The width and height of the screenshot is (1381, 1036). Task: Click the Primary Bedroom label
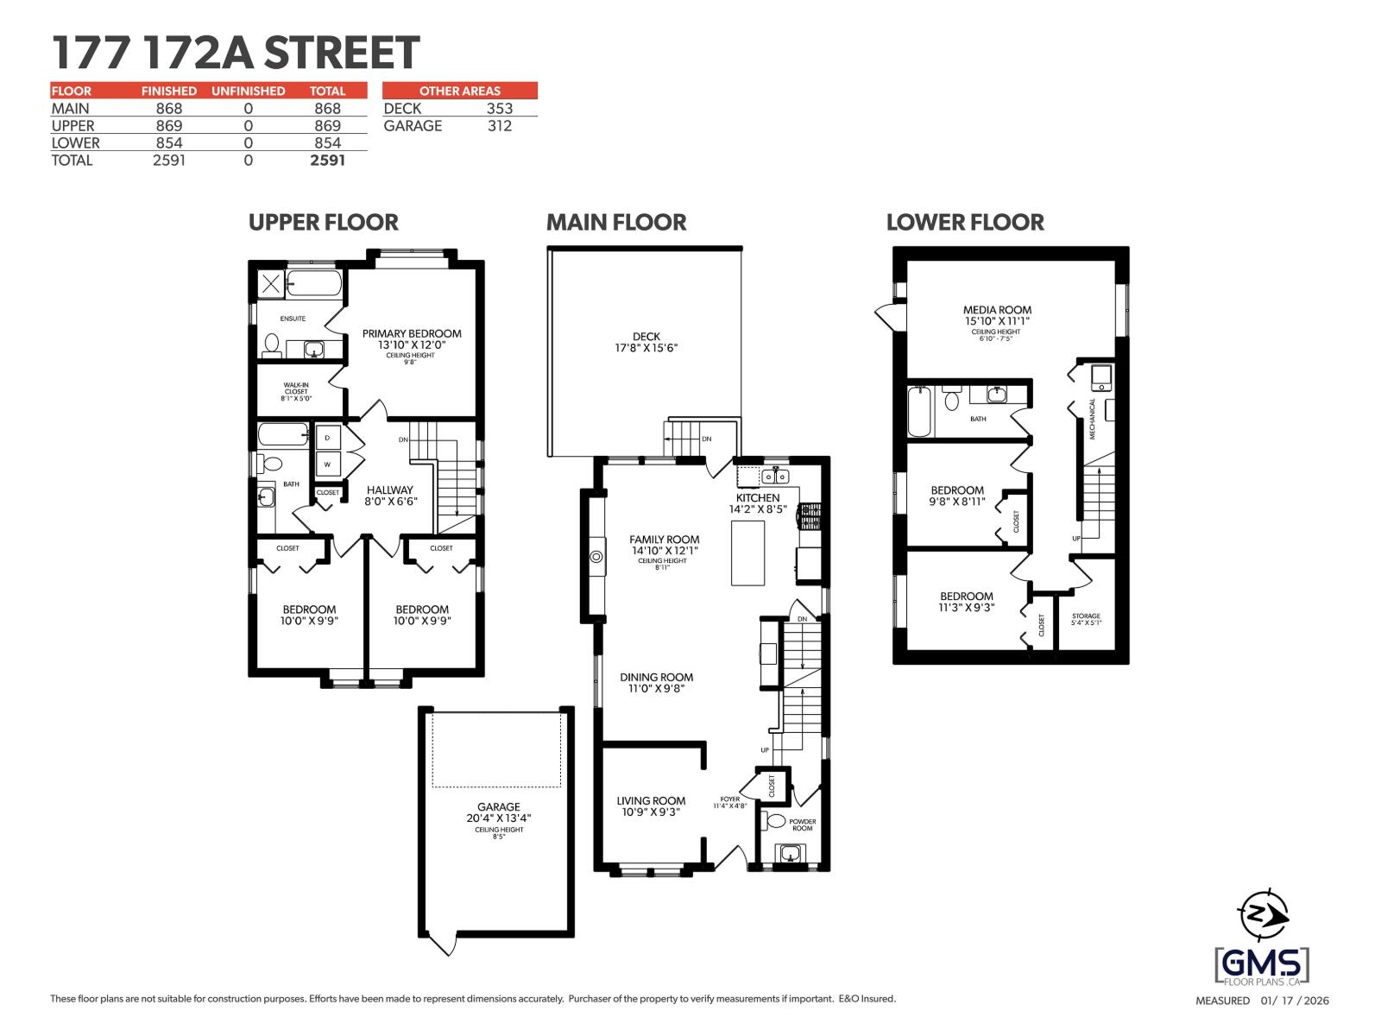(412, 333)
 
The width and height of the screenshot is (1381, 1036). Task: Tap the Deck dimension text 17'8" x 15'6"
(646, 349)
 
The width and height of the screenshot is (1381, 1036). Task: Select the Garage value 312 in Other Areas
(499, 126)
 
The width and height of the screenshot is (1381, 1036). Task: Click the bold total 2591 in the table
(327, 161)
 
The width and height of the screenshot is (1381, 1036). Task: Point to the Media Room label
(997, 310)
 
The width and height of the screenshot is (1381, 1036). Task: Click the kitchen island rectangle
(747, 553)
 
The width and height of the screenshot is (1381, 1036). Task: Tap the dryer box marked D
(327, 439)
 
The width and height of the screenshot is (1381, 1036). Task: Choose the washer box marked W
(327, 464)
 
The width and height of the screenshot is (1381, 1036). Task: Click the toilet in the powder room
(775, 820)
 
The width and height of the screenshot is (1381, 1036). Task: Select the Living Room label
(651, 800)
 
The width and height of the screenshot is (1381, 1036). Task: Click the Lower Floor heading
(965, 223)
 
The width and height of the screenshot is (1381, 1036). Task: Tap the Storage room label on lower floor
(1086, 616)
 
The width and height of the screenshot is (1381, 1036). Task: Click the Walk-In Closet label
(296, 388)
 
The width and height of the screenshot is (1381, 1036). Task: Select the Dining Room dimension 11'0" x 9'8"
(656, 689)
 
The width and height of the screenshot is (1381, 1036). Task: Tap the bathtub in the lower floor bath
(919, 411)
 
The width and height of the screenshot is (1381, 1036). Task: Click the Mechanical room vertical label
(1092, 419)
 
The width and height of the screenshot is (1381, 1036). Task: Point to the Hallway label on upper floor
(389, 490)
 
